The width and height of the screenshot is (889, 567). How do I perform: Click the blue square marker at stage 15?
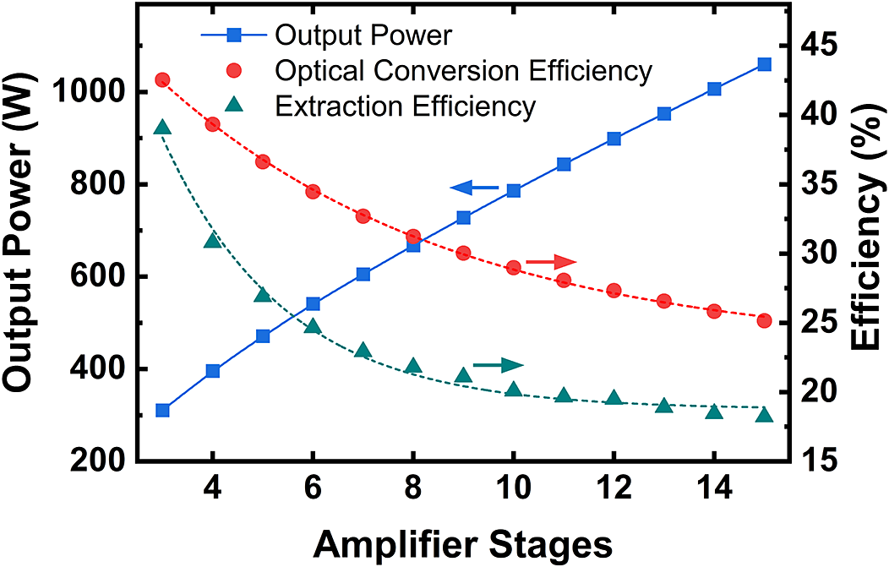pos(764,64)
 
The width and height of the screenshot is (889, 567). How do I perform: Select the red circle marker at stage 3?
pos(163,80)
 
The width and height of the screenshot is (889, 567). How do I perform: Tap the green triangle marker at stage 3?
pos(163,128)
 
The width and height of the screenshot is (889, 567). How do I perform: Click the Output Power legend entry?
pos(364,36)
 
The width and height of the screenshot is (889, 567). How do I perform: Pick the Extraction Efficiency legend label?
pos(406,107)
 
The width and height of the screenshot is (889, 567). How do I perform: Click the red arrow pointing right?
pos(550,263)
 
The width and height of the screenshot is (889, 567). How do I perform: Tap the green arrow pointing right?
pos(498,365)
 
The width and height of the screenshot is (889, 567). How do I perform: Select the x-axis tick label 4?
pos(213,492)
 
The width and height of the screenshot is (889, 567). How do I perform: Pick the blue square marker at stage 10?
pos(513,191)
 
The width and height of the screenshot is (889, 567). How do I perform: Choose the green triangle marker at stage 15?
pos(764,415)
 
